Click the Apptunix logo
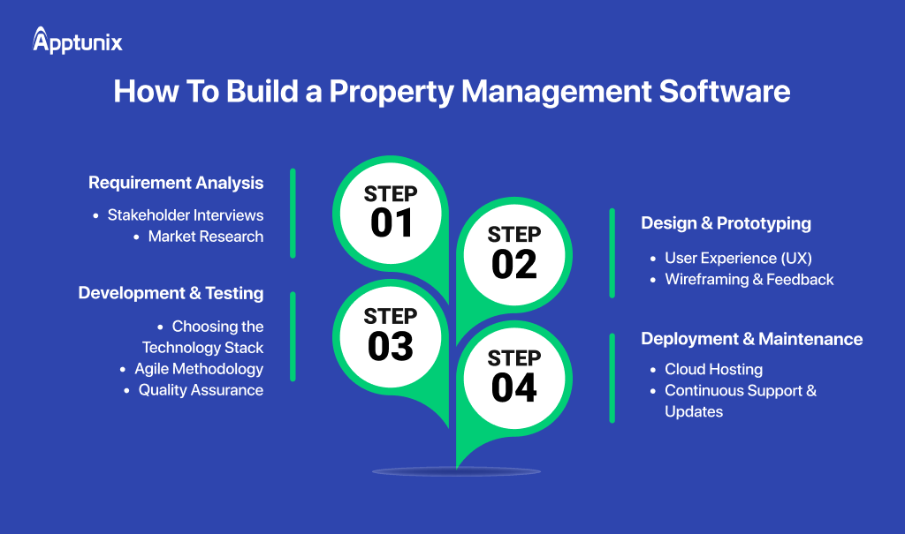click(x=78, y=41)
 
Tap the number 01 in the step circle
click(x=391, y=223)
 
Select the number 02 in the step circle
click(x=513, y=264)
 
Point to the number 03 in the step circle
click(x=390, y=347)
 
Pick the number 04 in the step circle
click(x=513, y=387)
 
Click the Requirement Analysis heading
click(x=176, y=184)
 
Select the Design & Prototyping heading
click(x=726, y=223)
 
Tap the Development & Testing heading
click(x=171, y=293)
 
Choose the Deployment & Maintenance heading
click(x=751, y=339)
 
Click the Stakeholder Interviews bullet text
click(x=186, y=214)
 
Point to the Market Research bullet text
click(x=206, y=236)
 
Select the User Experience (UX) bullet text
click(x=738, y=258)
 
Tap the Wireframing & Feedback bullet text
click(x=749, y=279)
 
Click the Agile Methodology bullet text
click(x=199, y=368)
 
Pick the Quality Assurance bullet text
click(x=201, y=389)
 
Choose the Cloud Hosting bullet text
click(x=713, y=369)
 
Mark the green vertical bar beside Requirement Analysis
click(x=293, y=213)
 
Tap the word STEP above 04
click(x=513, y=358)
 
